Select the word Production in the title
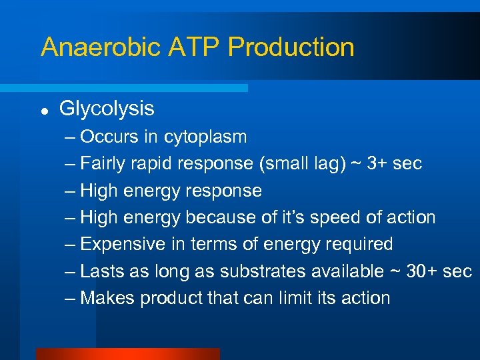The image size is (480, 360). (x=291, y=47)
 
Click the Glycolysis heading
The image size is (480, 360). (x=107, y=108)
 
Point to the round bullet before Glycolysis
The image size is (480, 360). (x=44, y=109)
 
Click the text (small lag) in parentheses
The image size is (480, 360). (x=303, y=164)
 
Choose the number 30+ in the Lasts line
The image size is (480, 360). (x=419, y=271)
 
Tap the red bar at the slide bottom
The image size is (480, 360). (x=127, y=354)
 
